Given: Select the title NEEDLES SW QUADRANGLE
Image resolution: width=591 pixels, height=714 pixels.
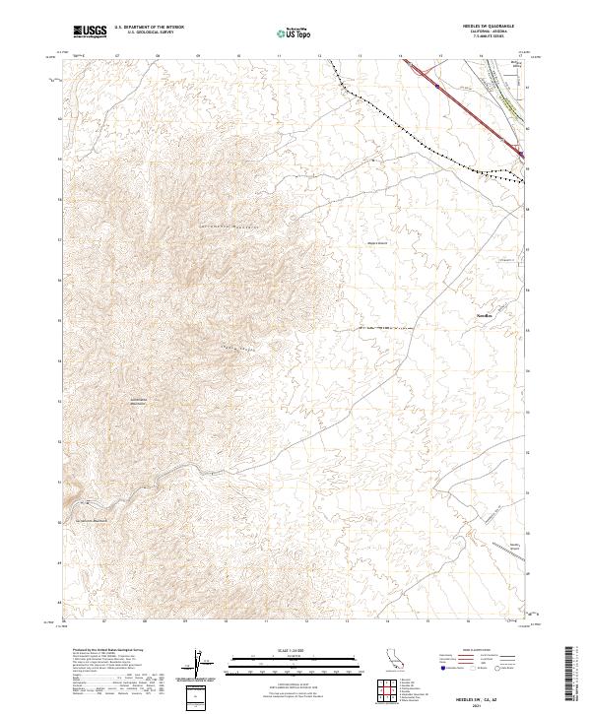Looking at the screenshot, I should [487, 27].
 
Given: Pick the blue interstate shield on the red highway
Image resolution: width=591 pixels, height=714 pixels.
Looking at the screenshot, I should [436, 85].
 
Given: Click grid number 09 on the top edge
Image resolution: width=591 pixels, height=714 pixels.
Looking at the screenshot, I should [198, 56].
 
